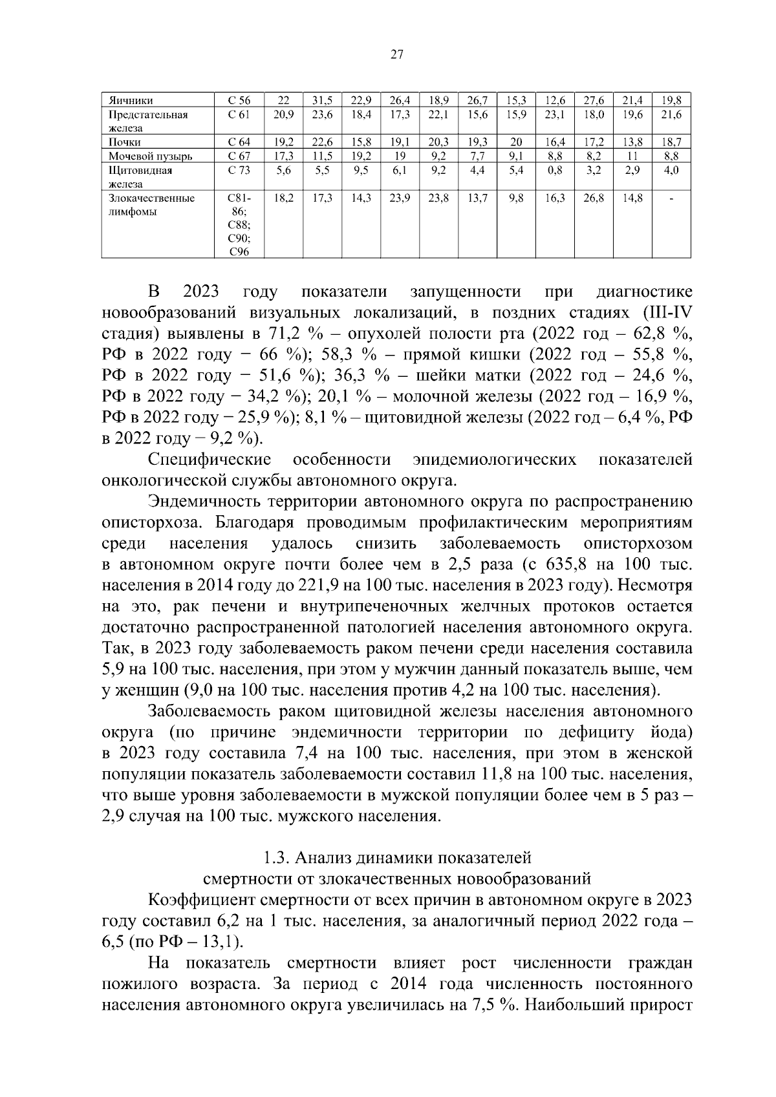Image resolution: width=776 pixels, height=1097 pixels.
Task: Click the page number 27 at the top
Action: (397, 55)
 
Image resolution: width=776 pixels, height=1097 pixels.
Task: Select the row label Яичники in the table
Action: (131, 101)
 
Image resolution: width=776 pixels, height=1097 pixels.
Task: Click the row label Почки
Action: (125, 142)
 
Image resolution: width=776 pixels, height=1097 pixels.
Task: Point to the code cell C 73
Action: (239, 171)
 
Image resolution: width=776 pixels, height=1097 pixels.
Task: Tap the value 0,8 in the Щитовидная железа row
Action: (555, 171)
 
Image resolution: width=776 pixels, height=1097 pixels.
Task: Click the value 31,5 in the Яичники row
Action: (322, 101)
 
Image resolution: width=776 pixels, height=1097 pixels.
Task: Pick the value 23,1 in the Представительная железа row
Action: (555, 115)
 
